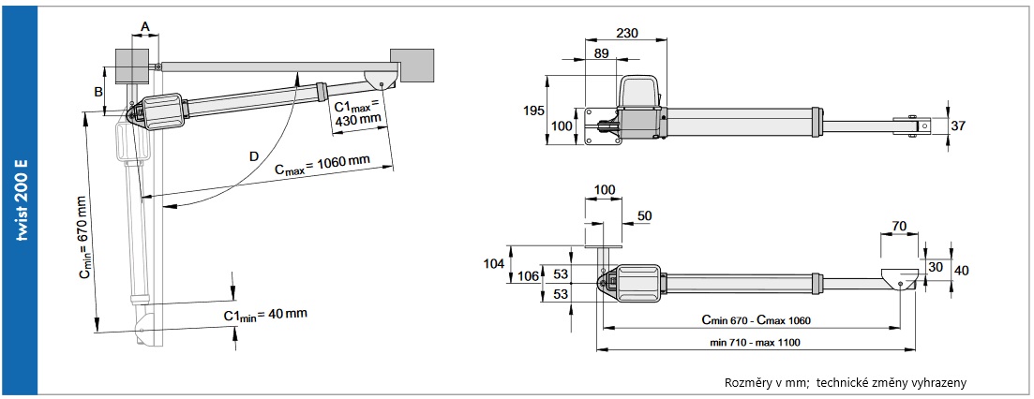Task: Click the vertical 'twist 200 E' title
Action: [22, 200]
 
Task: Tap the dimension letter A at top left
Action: [145, 25]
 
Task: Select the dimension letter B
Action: [97, 92]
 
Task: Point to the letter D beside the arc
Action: [255, 156]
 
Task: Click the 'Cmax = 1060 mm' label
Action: [322, 165]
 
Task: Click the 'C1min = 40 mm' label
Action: [265, 315]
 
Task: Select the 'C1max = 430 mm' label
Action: [357, 113]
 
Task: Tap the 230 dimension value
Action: [626, 33]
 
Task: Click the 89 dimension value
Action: [601, 54]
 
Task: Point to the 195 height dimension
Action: [534, 111]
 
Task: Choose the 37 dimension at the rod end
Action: [958, 126]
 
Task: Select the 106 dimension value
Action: [528, 276]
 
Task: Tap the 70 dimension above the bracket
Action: [899, 226]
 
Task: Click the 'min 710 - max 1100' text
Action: [755, 343]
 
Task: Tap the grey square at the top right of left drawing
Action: [412, 66]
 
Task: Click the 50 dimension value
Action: [645, 216]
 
